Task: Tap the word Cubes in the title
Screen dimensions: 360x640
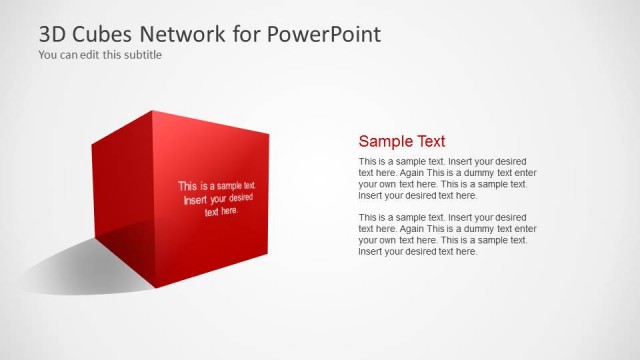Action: tap(110, 34)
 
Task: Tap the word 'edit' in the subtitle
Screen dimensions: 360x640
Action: tap(86, 55)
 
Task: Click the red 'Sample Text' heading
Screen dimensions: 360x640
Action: tap(402, 141)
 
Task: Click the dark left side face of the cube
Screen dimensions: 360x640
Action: tap(120, 190)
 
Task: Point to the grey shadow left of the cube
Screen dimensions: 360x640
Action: tap(60, 265)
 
